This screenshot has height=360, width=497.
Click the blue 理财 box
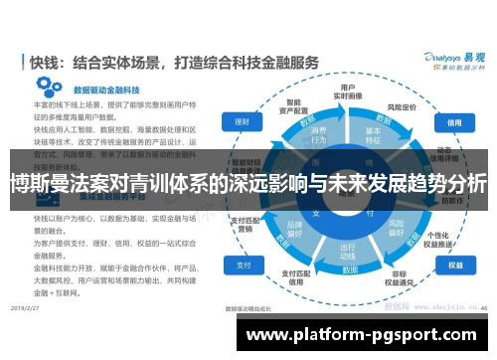coord(242,122)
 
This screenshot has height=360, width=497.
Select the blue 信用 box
coord(453,122)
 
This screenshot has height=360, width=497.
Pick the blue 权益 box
coord(454,266)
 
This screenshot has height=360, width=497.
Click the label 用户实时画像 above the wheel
coord(349,92)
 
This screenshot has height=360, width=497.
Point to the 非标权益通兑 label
coord(404,281)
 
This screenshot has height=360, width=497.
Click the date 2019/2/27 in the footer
coord(39,309)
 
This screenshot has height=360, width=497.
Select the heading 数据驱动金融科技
coord(80,89)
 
